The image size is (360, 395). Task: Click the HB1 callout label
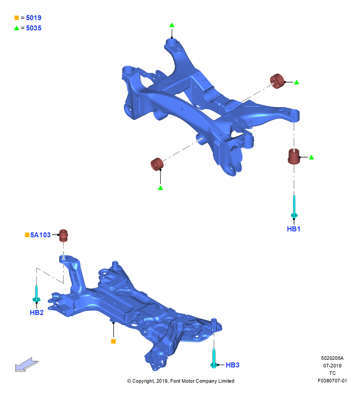click(294, 229)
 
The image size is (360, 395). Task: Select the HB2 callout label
click(37, 312)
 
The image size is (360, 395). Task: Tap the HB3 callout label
click(232, 365)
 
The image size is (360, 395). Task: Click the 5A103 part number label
click(41, 235)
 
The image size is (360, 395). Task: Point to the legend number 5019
click(34, 18)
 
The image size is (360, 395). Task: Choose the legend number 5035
click(34, 28)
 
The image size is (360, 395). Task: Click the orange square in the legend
click(17, 18)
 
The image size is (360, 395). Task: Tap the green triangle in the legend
click(17, 28)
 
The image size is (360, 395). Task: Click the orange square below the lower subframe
click(114, 341)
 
